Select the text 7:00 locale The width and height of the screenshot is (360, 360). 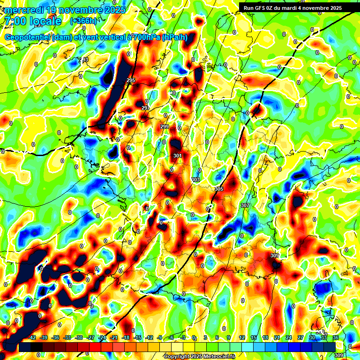(32, 22)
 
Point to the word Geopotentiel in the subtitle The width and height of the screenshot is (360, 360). (28, 37)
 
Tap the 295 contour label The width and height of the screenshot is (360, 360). (131, 81)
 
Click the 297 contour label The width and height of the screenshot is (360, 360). (145, 108)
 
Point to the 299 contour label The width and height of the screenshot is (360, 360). (164, 127)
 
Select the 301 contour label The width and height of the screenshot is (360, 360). (177, 156)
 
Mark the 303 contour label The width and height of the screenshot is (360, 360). (195, 180)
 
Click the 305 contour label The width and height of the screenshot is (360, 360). (218, 188)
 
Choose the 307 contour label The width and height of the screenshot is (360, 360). (245, 206)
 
